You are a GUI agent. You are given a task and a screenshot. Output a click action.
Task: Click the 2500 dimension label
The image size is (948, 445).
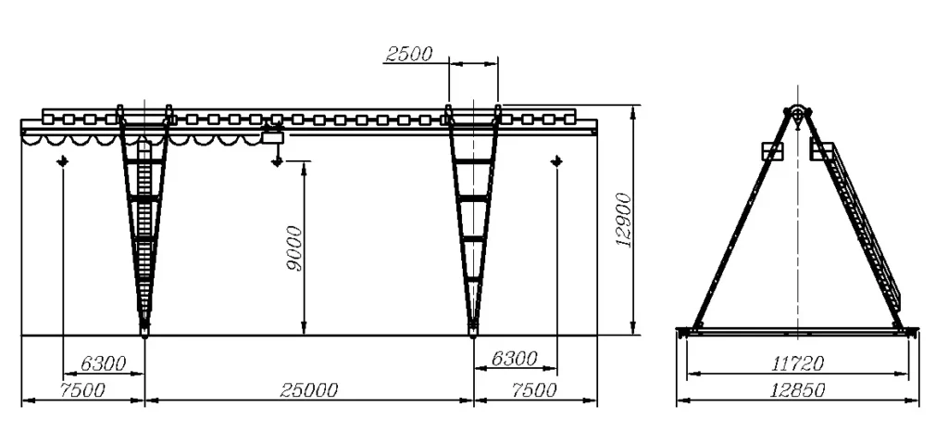point(408,54)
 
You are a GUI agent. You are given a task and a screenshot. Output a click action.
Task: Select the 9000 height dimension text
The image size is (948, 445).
point(294,248)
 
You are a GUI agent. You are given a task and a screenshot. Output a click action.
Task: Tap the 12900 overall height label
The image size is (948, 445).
point(623,220)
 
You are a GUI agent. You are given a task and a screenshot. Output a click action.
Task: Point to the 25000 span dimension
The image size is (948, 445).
point(309,390)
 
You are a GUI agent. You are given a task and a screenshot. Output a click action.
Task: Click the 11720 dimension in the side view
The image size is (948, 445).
point(797,363)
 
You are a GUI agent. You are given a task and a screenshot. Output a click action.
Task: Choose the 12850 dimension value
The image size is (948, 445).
point(797,390)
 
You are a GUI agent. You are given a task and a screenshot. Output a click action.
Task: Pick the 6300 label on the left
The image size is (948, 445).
point(104,363)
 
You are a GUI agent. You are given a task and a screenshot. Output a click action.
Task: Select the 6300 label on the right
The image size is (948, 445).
point(514,359)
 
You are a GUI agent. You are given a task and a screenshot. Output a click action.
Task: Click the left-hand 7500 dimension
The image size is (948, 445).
point(82,390)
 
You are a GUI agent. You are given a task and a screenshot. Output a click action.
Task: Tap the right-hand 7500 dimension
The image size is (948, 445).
point(534,390)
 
